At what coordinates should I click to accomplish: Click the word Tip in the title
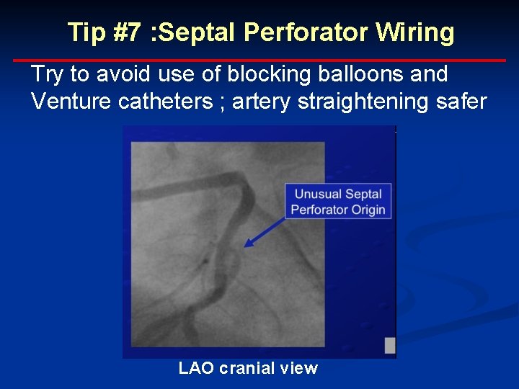coord(86,32)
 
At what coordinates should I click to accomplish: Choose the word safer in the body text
coord(461,102)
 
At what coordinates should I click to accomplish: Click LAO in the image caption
coord(195,368)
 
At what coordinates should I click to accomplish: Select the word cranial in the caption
coord(247,368)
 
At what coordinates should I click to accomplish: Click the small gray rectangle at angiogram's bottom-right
coord(390,345)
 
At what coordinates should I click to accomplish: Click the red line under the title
coord(259,61)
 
